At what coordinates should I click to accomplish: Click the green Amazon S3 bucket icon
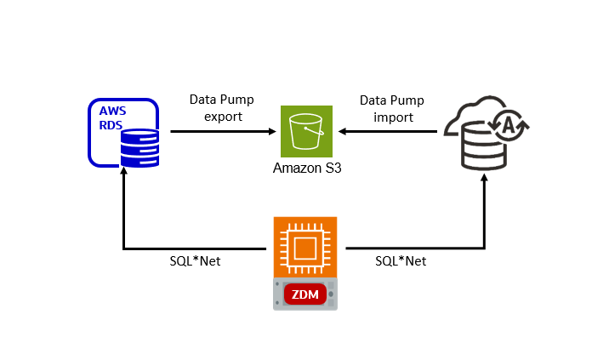[306, 131]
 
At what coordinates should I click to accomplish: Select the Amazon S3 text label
[306, 169]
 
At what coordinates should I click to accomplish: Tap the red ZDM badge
[304, 294]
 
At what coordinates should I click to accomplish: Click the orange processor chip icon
[304, 248]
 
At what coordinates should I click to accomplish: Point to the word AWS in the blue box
[111, 111]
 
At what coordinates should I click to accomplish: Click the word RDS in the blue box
[111, 125]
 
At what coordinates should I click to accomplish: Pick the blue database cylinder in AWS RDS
[139, 147]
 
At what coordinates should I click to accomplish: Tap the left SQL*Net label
[195, 261]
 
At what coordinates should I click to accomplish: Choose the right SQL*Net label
[401, 261]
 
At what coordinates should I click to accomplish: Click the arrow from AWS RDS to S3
[221, 132]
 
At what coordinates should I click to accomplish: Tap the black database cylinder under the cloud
[482, 148]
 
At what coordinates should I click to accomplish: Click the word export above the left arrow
[223, 116]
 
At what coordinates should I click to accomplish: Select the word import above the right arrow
[393, 116]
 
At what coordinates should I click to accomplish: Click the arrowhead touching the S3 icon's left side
[274, 132]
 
